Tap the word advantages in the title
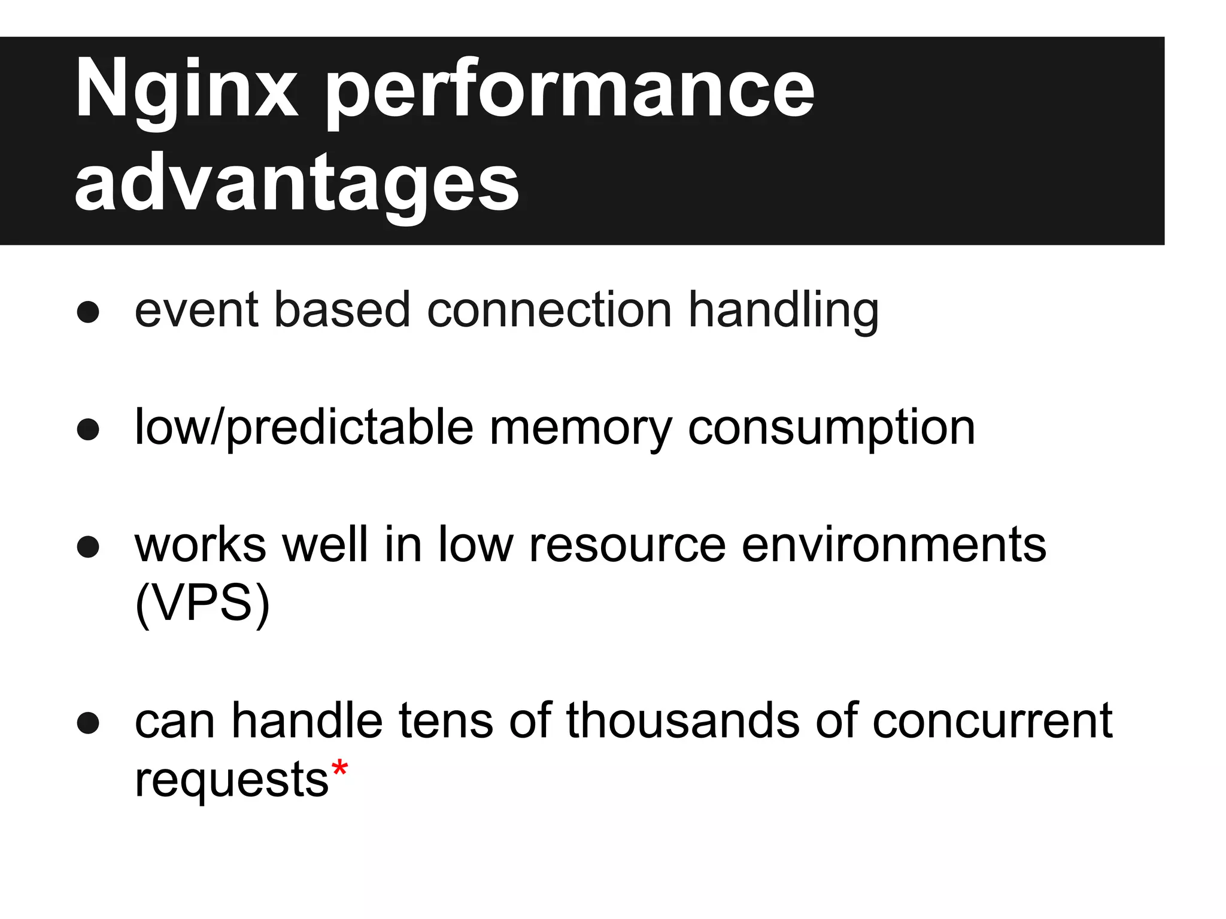pyautogui.click(x=297, y=182)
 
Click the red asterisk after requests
pyautogui.click(x=339, y=769)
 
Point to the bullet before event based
pyautogui.click(x=88, y=312)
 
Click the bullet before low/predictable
pyautogui.click(x=88, y=429)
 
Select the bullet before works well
pyautogui.click(x=88, y=546)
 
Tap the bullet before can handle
pyautogui.click(x=88, y=723)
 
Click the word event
pyautogui.click(x=196, y=311)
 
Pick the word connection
pyautogui.click(x=550, y=311)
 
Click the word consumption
pyautogui.click(x=832, y=428)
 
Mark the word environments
pyautogui.click(x=894, y=545)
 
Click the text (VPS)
pyautogui.click(x=202, y=604)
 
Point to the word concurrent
pyautogui.click(x=992, y=721)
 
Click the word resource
pyautogui.click(x=627, y=545)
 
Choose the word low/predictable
pyautogui.click(x=304, y=428)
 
